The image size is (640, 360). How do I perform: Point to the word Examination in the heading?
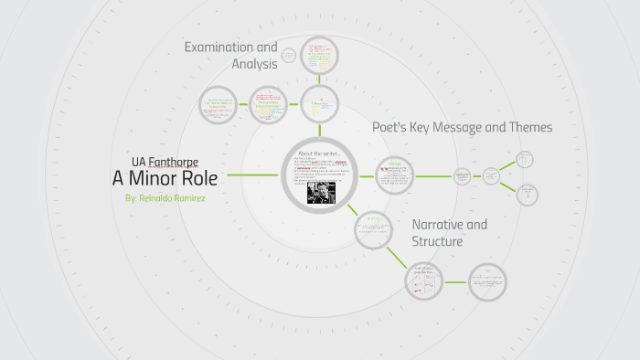tap(230, 47)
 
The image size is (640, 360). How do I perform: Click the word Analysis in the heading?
tap(256, 64)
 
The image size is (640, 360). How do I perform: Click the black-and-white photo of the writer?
tap(320, 193)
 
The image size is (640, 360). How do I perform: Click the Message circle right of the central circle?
tap(395, 174)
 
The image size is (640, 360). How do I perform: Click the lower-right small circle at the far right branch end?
tap(527, 194)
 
